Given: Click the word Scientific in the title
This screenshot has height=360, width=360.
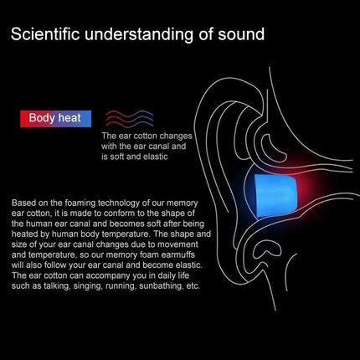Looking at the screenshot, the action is click(45, 33).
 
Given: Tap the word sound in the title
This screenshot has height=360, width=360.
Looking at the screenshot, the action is click(241, 34).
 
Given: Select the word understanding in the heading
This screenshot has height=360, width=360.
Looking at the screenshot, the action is click(139, 34).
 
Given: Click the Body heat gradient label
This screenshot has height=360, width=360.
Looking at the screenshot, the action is click(55, 119).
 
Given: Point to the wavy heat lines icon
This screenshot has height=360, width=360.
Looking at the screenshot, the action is click(130, 118).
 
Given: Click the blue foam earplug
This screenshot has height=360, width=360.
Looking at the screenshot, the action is click(275, 196).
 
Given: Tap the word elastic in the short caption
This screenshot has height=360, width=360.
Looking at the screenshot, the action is click(155, 157).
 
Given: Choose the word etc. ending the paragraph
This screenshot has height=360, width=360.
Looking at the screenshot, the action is click(193, 286).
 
